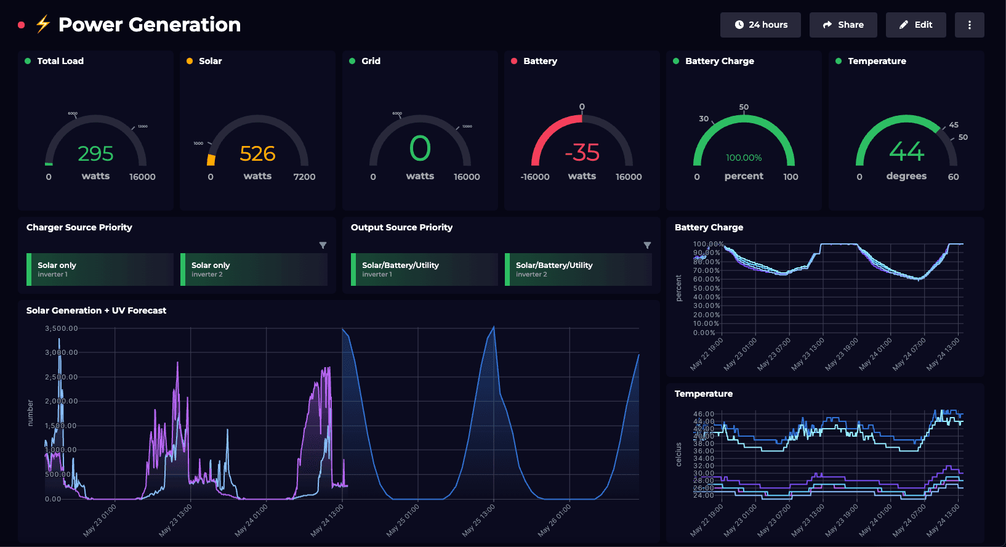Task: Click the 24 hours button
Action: pos(760,25)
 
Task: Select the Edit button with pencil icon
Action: pos(915,25)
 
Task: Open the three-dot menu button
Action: pos(969,25)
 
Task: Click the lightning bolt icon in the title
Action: pos(42,25)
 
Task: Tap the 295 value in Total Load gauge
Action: pos(95,153)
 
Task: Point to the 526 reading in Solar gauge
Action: pos(257,153)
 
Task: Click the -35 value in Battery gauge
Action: pos(582,153)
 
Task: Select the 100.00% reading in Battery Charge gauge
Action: pos(744,158)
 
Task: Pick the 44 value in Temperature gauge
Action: pos(906,152)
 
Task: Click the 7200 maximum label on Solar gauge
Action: pos(304,177)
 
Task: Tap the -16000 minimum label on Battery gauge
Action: pos(535,177)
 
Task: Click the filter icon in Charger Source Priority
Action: pos(323,245)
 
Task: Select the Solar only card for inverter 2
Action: pos(254,269)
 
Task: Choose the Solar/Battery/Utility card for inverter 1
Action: pos(424,269)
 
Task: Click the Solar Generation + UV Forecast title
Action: pos(96,310)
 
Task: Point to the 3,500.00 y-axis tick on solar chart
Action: pos(62,328)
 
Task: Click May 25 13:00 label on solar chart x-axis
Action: pos(479,521)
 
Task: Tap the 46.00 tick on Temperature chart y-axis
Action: pos(704,414)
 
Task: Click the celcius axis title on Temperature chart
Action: pos(679,454)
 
